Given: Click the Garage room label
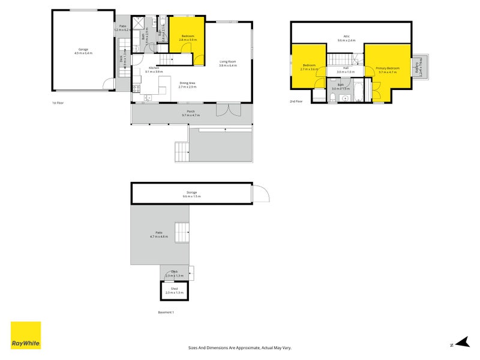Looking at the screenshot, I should click(83, 49).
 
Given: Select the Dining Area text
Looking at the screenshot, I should click(187, 83).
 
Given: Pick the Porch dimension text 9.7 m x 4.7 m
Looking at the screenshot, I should click(191, 115).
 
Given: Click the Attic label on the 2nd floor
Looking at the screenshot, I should click(346, 37).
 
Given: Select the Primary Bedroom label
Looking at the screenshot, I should click(388, 68).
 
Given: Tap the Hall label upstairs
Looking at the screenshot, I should click(346, 68).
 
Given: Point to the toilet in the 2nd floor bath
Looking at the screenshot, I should click(332, 97).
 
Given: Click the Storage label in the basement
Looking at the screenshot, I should click(191, 193).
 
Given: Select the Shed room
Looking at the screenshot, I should click(174, 290).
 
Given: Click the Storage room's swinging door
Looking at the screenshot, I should click(262, 193).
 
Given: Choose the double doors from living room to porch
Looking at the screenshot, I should click(223, 110).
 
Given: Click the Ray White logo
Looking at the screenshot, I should click(26, 335).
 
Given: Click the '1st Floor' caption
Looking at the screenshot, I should click(58, 103).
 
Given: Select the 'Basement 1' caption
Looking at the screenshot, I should click(166, 313).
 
